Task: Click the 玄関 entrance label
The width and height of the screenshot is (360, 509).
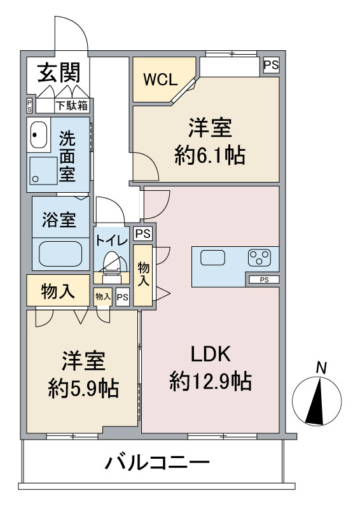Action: (x=58, y=73)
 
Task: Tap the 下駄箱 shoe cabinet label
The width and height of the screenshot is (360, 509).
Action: (x=71, y=106)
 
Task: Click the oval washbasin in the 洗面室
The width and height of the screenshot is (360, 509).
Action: (x=39, y=135)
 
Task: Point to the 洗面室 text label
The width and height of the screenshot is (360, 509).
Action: (x=68, y=155)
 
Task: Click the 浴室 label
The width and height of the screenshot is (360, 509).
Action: (x=59, y=220)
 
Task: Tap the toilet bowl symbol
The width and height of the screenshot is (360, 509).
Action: (x=112, y=261)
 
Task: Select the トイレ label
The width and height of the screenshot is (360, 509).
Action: (x=113, y=241)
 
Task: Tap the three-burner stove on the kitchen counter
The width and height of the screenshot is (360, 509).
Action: (x=259, y=258)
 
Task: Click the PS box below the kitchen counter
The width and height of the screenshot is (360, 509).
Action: (x=263, y=279)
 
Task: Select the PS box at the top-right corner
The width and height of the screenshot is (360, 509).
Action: (x=271, y=64)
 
